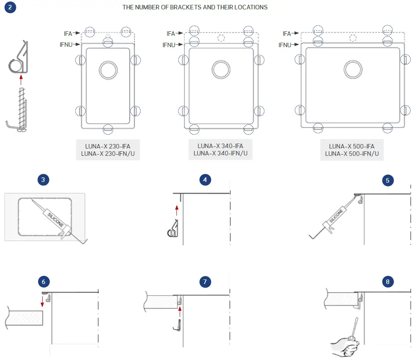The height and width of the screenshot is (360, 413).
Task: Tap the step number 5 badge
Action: tap(388, 181)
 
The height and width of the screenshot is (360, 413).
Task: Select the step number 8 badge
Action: tap(388, 281)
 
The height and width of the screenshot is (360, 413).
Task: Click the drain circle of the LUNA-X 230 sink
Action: tap(108, 70)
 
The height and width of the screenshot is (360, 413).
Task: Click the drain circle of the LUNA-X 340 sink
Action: tap(221, 69)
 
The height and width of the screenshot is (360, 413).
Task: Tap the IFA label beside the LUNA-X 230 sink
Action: tap(68, 33)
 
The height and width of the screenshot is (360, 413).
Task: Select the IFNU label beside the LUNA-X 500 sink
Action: tap(285, 45)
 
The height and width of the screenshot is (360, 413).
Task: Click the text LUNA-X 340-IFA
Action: tap(220, 146)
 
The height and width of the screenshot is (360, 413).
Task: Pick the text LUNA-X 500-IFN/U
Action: tap(352, 153)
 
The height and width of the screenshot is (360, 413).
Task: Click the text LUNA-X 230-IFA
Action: tap(108, 146)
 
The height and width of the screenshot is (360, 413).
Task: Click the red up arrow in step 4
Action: tap(176, 210)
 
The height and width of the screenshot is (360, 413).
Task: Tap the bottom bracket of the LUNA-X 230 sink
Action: tap(108, 129)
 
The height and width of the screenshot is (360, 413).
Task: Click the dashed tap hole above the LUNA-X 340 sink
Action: tap(221, 38)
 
